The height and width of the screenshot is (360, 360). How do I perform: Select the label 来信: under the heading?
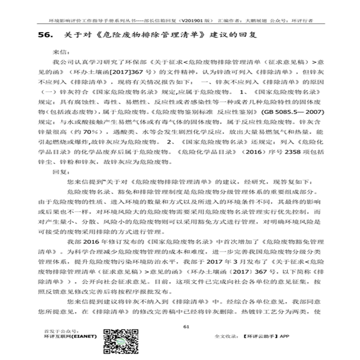tap(59, 51)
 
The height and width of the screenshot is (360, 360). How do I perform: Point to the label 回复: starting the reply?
tap(59, 172)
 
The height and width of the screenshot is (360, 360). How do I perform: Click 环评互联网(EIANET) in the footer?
tap(70, 336)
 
